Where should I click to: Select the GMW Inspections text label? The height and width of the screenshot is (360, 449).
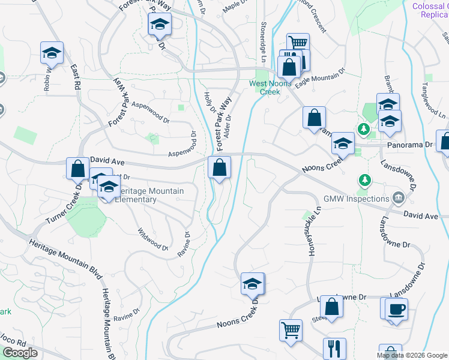click(357, 199)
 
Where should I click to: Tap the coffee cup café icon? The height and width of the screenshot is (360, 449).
click(396, 310)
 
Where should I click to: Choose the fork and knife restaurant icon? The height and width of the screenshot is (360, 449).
click(334, 349)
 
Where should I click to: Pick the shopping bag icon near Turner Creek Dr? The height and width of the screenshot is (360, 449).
click(77, 169)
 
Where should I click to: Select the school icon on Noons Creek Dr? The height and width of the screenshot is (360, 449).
click(253, 284)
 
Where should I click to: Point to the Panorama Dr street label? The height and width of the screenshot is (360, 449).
click(412, 145)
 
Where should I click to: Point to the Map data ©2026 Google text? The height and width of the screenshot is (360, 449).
click(412, 355)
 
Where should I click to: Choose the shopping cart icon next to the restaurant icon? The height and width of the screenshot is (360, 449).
click(291, 330)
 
